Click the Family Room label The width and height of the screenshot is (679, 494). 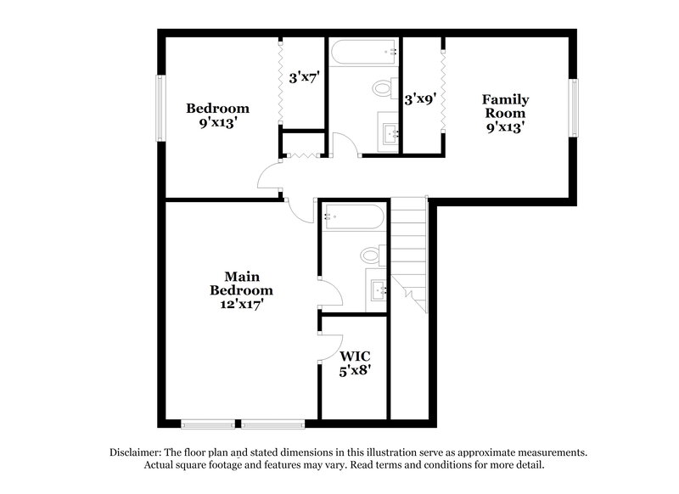[505, 106]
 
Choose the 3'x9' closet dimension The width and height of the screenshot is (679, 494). [420, 99]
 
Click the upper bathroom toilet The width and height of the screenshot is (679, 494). [383, 87]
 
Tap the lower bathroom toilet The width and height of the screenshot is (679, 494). [371, 255]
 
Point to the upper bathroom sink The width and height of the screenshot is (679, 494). [390, 133]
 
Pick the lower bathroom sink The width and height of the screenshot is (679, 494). [379, 289]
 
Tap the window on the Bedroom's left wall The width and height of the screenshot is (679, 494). [159, 109]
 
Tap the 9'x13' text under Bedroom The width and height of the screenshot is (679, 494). [218, 121]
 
